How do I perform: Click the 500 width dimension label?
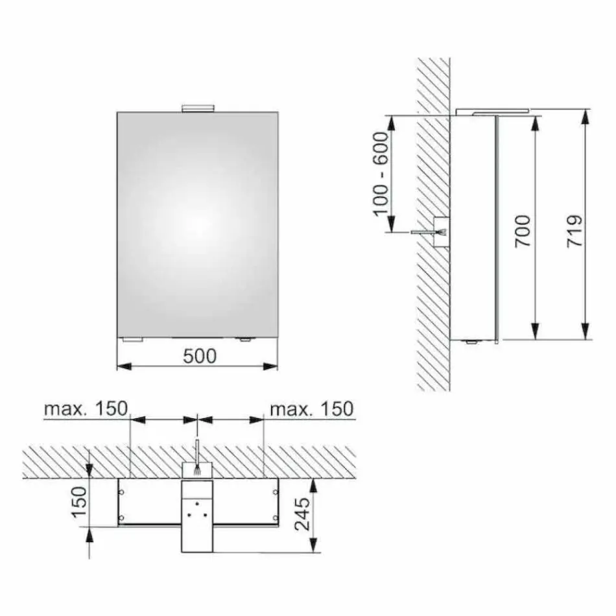(x=198, y=355)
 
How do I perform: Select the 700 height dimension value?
(x=523, y=230)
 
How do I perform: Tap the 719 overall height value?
(x=574, y=230)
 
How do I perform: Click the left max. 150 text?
(x=86, y=409)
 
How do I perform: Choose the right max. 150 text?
(x=311, y=409)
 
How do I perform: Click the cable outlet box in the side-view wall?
(x=441, y=231)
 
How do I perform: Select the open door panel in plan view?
(x=197, y=515)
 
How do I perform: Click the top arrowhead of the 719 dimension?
(x=586, y=115)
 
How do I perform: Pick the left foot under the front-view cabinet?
(x=133, y=340)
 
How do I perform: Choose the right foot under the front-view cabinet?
(x=244, y=340)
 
